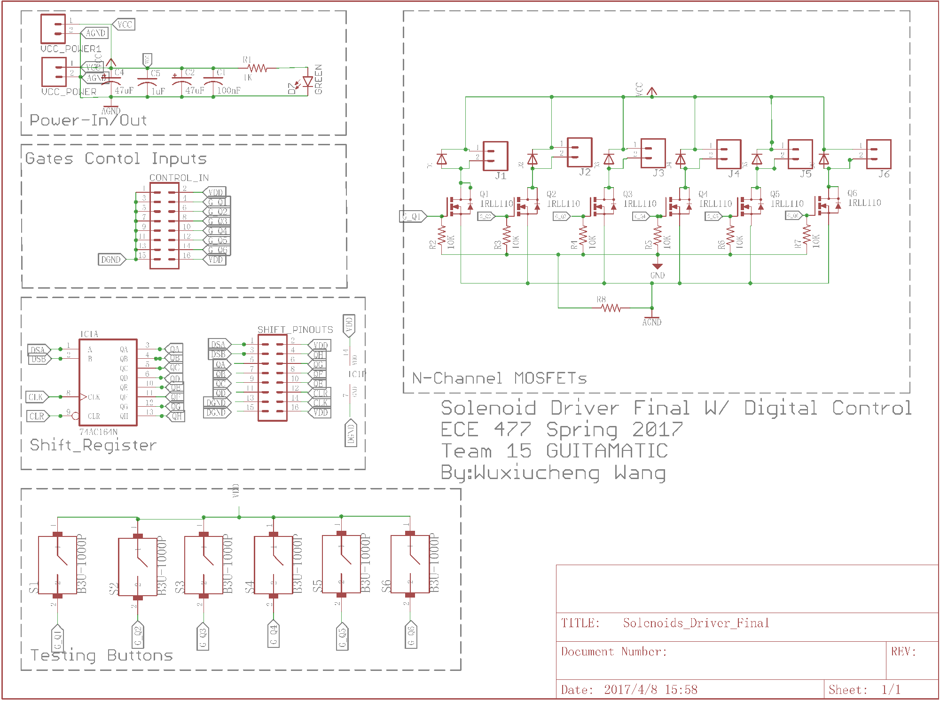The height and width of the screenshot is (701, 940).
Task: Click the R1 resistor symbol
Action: click(x=257, y=68)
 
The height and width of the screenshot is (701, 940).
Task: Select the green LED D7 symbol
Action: click(x=307, y=82)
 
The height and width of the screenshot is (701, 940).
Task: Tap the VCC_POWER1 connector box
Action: click(x=53, y=29)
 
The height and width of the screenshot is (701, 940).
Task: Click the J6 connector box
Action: click(x=878, y=154)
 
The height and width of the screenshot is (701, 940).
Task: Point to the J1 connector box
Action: click(x=495, y=156)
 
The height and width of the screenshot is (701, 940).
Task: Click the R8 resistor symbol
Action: click(x=611, y=308)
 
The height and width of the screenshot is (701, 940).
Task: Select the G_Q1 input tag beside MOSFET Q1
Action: click(x=413, y=216)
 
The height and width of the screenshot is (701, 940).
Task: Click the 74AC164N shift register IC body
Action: click(x=108, y=382)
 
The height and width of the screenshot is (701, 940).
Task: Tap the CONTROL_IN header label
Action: click(x=179, y=178)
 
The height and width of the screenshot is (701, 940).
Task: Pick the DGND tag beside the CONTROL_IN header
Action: click(x=111, y=260)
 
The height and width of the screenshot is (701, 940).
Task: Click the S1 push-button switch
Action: click(x=57, y=565)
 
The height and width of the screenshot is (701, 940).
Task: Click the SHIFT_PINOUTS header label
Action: click(x=295, y=330)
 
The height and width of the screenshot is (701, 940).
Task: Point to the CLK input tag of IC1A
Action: click(x=36, y=397)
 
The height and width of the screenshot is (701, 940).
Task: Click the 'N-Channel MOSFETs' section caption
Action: click(x=499, y=378)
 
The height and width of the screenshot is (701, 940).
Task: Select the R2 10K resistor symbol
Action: click(x=441, y=236)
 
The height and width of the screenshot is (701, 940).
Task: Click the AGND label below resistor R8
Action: click(x=651, y=322)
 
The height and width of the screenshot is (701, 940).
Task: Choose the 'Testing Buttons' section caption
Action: click(x=102, y=655)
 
